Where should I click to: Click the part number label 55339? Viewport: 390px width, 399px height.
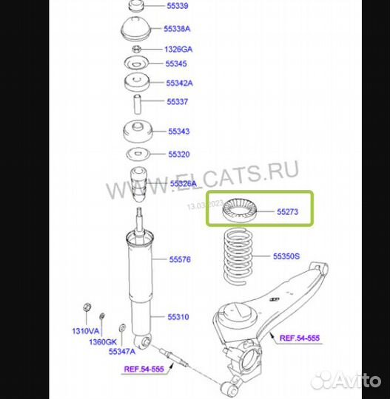pyautogui.click(x=178, y=6)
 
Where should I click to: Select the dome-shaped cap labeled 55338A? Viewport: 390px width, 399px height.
pyautogui.click(x=136, y=29)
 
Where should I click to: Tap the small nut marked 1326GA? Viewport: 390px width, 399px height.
pyautogui.click(x=137, y=49)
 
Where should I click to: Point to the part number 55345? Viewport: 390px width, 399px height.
pyautogui.click(x=176, y=64)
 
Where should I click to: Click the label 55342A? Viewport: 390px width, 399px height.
pyautogui.click(x=179, y=83)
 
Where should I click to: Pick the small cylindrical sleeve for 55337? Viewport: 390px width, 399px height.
pyautogui.click(x=138, y=104)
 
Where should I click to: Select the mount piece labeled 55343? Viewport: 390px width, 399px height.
pyautogui.click(x=138, y=132)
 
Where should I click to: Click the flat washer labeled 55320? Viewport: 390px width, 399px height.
pyautogui.click(x=138, y=154)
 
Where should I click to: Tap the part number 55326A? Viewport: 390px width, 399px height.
pyautogui.click(x=184, y=183)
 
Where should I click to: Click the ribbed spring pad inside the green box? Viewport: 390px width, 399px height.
pyautogui.click(x=240, y=210)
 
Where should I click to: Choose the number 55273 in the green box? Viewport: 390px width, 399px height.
pyautogui.click(x=288, y=211)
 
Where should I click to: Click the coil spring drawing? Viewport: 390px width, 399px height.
pyautogui.click(x=238, y=256)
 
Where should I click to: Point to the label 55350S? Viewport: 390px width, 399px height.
pyautogui.click(x=286, y=256)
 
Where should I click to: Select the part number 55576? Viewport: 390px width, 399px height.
pyautogui.click(x=180, y=259)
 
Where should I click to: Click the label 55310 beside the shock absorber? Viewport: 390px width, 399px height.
pyautogui.click(x=178, y=317)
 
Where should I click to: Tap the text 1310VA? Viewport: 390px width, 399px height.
pyautogui.click(x=85, y=331)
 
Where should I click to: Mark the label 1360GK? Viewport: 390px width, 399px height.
pyautogui.click(x=103, y=342)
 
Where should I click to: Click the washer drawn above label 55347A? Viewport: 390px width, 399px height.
pyautogui.click(x=122, y=327)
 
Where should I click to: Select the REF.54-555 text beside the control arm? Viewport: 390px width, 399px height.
pyautogui.click(x=300, y=338)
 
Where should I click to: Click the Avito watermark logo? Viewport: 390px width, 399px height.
pyautogui.click(x=346, y=381)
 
